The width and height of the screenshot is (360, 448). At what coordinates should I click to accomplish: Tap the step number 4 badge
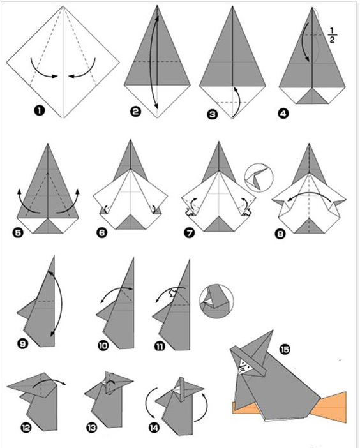point(283,114)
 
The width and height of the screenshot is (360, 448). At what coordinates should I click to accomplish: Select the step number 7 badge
point(190,232)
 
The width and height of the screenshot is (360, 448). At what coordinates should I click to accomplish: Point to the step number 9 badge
point(23,343)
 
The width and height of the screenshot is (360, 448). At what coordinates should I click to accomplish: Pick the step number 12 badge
point(26,428)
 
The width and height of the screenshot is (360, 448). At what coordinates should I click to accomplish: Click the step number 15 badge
point(285,349)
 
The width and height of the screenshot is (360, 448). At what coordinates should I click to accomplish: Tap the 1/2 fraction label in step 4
point(332,35)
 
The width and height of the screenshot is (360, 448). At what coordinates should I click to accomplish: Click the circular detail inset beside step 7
point(259,177)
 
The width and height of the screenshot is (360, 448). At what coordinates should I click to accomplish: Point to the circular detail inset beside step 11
point(216,301)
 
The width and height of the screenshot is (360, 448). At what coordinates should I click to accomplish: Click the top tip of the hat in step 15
point(273,331)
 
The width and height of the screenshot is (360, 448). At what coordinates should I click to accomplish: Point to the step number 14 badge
point(154,428)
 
